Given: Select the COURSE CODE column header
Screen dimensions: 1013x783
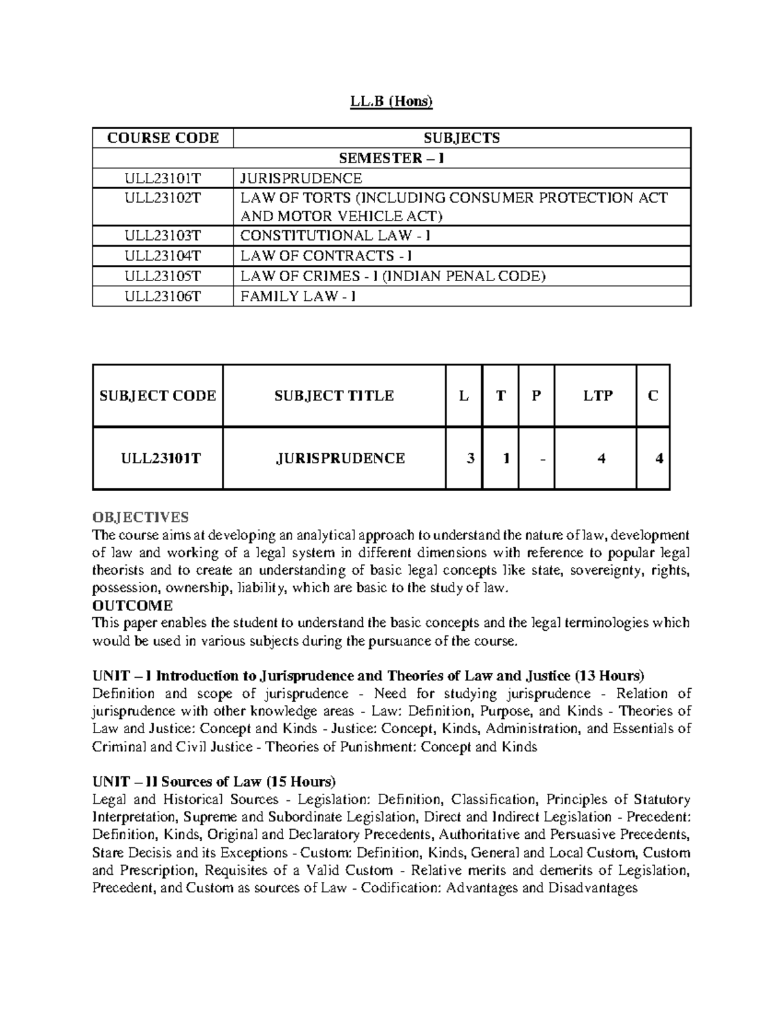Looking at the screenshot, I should click(x=163, y=138).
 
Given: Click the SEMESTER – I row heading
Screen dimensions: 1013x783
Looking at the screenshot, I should click(x=391, y=159).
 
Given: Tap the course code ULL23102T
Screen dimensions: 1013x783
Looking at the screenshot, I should click(x=163, y=198).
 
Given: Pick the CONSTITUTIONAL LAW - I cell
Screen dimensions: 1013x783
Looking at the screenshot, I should click(x=335, y=236).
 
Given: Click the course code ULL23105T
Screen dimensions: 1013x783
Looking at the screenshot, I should click(x=163, y=277).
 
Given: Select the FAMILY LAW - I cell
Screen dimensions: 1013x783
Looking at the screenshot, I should click(x=298, y=297).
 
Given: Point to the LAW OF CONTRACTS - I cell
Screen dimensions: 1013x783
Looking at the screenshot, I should click(x=326, y=256).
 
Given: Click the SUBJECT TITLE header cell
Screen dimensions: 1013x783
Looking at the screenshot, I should click(x=334, y=396).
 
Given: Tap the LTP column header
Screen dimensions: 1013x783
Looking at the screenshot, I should click(x=595, y=396).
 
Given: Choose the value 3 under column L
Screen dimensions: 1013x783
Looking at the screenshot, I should click(x=470, y=459).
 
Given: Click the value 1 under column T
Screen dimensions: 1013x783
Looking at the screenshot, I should click(x=506, y=459).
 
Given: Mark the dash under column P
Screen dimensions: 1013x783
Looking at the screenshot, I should click(x=543, y=459).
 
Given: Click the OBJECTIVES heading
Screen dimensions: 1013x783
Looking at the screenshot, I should click(x=140, y=517).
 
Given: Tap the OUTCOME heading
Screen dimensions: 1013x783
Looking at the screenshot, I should click(x=132, y=605).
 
